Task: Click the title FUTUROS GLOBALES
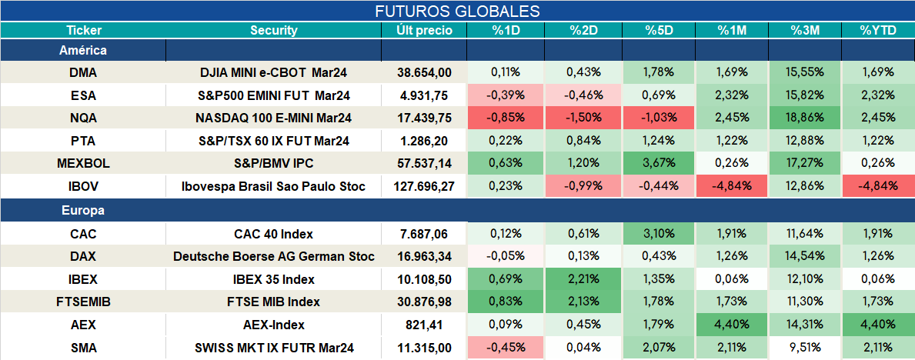click(x=457, y=11)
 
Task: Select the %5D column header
click(x=659, y=31)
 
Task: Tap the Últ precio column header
click(x=424, y=31)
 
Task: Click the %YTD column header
click(x=878, y=31)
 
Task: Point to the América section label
click(x=83, y=50)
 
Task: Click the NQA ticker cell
click(x=83, y=118)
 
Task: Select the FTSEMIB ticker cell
click(x=83, y=302)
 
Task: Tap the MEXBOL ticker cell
click(x=83, y=164)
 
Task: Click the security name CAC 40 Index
click(x=274, y=235)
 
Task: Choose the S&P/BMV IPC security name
click(x=274, y=164)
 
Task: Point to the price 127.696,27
click(x=424, y=187)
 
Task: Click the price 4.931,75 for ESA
click(x=424, y=95)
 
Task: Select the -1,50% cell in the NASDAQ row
click(x=583, y=118)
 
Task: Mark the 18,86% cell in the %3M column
click(x=805, y=118)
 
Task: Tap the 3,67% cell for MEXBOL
click(x=659, y=164)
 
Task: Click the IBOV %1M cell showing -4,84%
click(x=732, y=187)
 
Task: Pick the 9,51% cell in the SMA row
click(x=805, y=348)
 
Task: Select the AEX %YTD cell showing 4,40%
click(x=878, y=325)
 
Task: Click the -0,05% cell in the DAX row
click(x=506, y=256)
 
